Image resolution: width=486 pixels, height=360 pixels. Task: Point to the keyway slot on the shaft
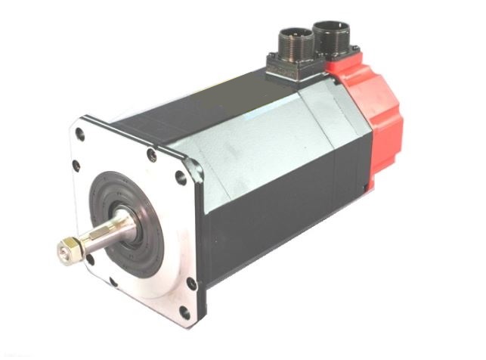(99, 234)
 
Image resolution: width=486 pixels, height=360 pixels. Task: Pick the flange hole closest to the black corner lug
(180, 179)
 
